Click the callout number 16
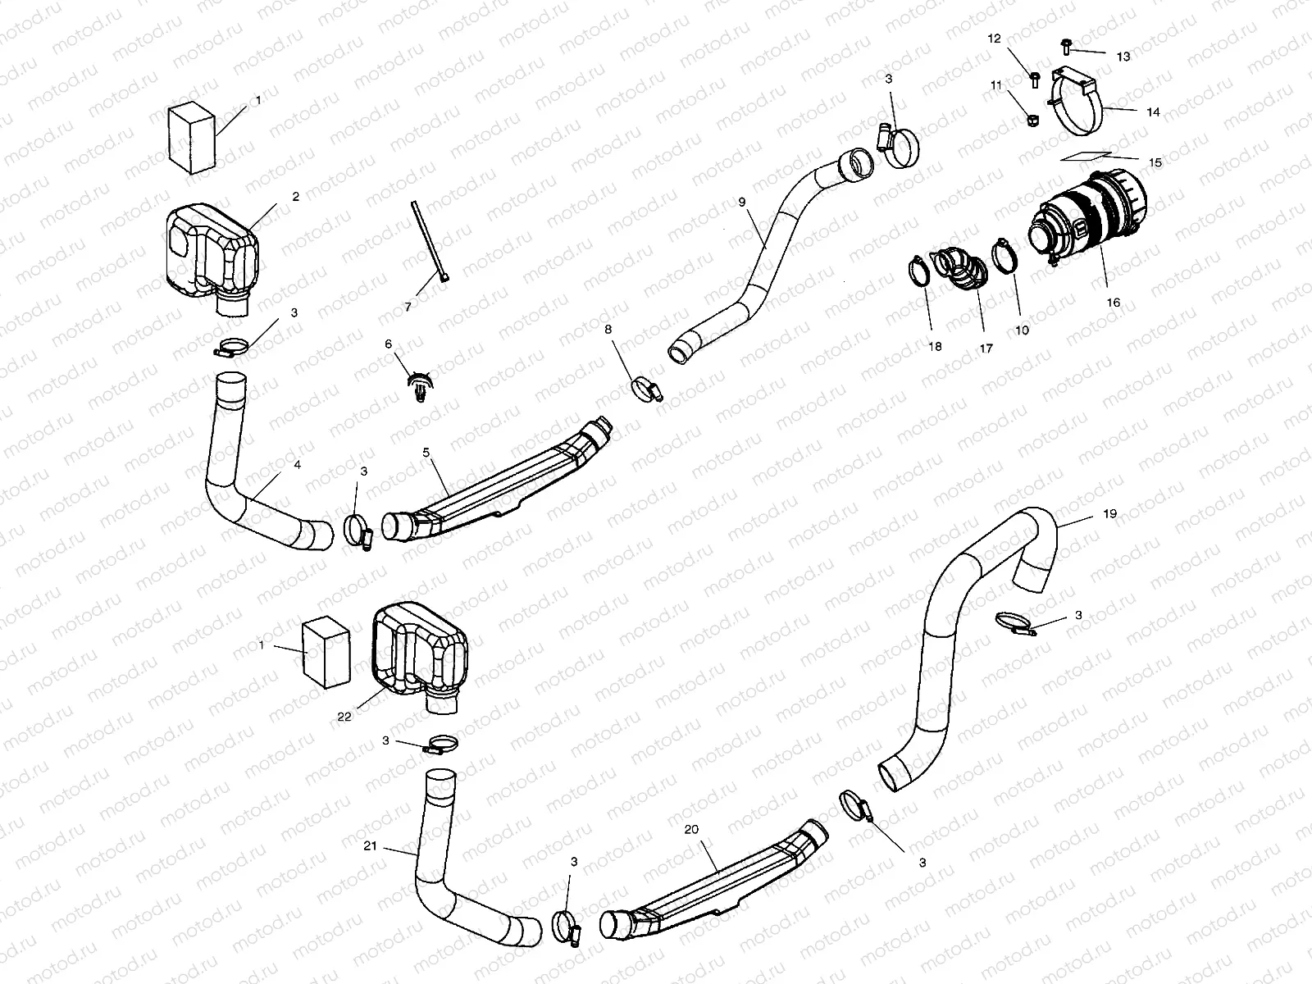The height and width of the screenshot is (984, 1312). point(1113,303)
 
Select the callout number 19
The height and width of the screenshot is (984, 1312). point(1109,514)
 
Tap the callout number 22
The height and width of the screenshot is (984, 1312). point(344,716)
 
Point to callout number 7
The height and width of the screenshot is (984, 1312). point(408,307)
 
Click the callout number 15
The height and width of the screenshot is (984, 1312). point(1155,163)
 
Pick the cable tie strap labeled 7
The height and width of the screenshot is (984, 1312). point(428,243)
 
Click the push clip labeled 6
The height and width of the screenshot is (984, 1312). point(420,384)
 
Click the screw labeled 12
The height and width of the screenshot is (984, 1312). point(1034,80)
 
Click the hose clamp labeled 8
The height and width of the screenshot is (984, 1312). point(647,387)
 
